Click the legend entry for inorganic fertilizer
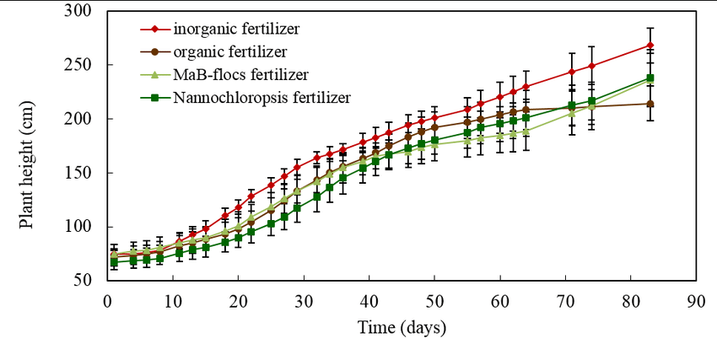236,30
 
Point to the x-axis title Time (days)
402,326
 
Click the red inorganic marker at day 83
650,46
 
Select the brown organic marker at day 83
650,104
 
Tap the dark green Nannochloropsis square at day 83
650,78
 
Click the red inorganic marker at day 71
572,72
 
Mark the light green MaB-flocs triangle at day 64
526,132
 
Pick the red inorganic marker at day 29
297,167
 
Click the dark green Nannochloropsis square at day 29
297,207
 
